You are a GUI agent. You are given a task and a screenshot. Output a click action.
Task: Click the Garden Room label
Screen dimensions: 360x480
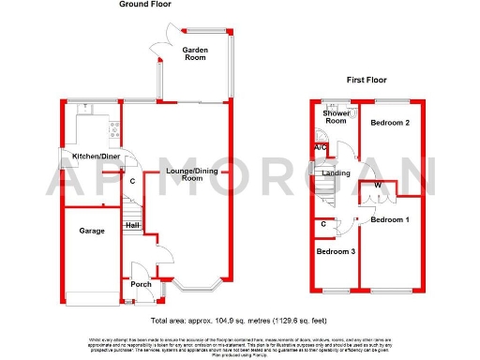point(195,52)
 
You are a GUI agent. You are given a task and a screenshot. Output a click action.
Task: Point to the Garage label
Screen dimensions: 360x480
point(91,229)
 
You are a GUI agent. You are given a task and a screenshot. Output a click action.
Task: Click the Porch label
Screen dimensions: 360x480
point(141,284)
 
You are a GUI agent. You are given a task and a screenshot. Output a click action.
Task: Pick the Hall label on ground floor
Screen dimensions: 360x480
point(132,225)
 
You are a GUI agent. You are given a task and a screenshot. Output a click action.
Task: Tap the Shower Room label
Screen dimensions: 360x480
point(335,117)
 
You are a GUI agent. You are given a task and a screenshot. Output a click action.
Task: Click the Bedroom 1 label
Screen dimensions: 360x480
point(389,220)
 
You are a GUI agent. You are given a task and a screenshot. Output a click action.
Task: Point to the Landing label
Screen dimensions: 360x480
point(336,172)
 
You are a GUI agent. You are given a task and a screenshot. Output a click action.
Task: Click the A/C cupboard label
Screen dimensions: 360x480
point(320,147)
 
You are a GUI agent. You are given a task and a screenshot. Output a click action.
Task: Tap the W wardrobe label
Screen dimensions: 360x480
point(377,186)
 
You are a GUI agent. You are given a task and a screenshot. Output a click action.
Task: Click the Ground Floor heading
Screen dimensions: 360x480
point(148,5)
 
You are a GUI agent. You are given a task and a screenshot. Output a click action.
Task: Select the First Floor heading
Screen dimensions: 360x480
point(366,81)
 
